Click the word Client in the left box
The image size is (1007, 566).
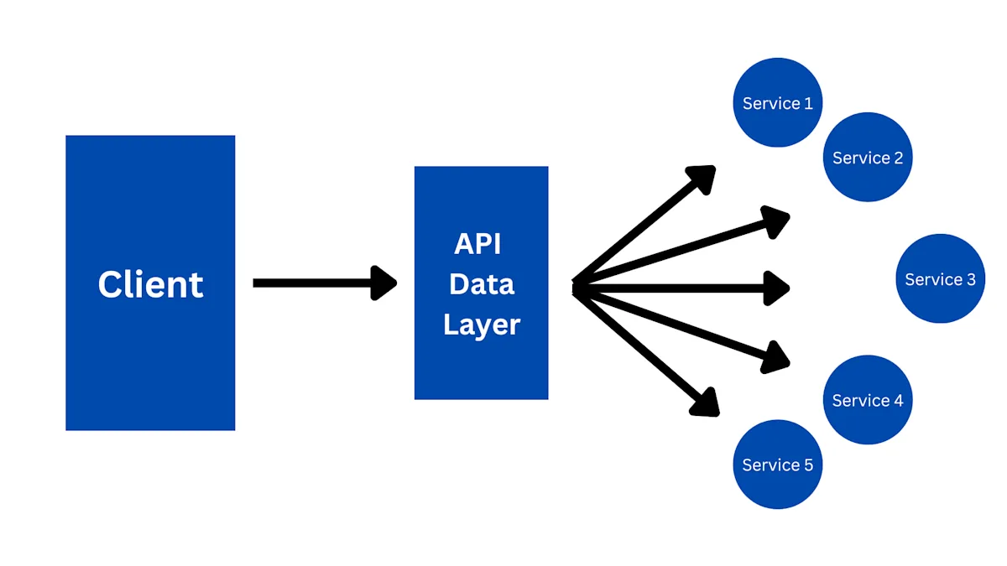click(x=150, y=284)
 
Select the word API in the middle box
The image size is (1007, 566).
click(x=477, y=244)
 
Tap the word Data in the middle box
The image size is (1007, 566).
click(x=481, y=284)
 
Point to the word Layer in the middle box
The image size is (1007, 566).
click(x=482, y=325)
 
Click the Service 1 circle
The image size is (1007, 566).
click(x=777, y=102)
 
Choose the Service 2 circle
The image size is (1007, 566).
click(x=867, y=157)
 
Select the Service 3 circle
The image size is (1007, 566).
click(x=940, y=278)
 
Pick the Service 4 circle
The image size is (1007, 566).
click(x=867, y=400)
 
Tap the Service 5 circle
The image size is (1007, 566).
click(x=777, y=464)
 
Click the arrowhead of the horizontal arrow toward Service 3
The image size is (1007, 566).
click(x=777, y=288)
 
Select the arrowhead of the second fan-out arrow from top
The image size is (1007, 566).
click(x=776, y=221)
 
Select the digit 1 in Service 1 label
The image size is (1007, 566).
click(x=808, y=103)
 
